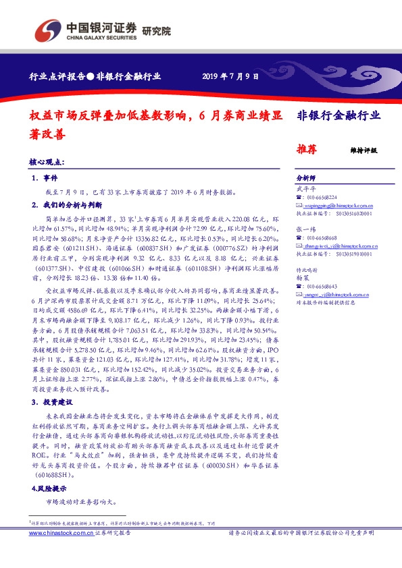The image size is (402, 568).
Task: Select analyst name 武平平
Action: (306, 189)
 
